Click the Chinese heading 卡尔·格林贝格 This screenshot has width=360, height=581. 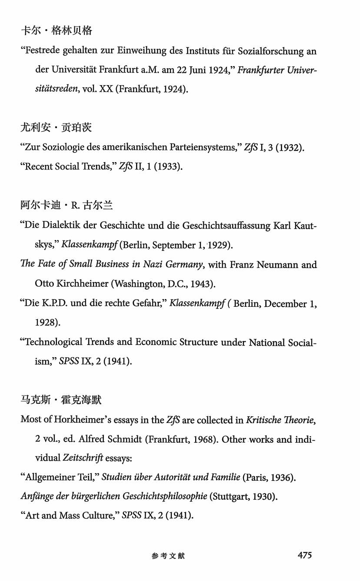[57, 31]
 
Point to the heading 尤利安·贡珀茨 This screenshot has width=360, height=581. [57, 128]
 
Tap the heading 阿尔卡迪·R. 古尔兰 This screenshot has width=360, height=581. [66, 206]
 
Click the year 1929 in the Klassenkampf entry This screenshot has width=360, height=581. [221, 245]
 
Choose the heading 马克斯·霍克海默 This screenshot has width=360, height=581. [61, 400]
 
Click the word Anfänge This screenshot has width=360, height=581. [37, 496]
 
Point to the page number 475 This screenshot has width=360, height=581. [305, 555]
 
